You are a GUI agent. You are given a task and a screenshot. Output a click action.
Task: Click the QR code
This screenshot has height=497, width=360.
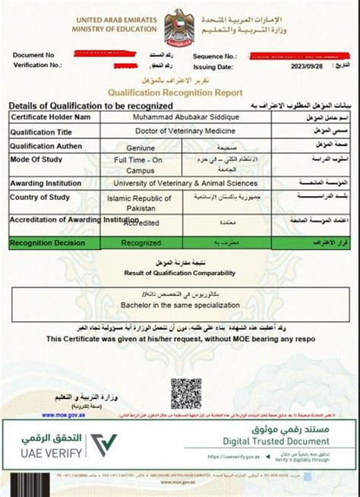coord(185,393)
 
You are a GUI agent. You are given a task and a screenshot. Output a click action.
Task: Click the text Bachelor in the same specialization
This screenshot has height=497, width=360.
coord(180,304)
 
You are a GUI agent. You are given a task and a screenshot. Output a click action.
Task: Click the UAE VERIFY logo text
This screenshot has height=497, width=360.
coord(46,455)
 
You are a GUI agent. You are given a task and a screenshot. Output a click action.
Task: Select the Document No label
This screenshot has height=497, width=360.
coord(34,55)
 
